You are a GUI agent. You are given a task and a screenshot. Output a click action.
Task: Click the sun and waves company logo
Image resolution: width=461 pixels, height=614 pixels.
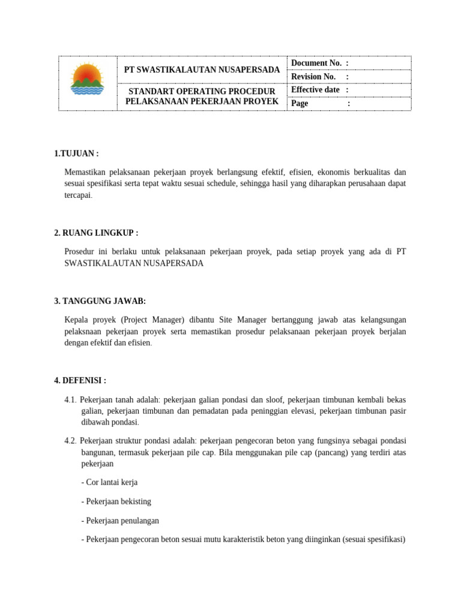(x=87, y=80)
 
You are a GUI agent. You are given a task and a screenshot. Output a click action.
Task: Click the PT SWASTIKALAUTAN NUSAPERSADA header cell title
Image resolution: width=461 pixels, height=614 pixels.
(x=202, y=70)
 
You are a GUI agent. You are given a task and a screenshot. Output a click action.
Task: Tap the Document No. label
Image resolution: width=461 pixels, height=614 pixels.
(x=316, y=64)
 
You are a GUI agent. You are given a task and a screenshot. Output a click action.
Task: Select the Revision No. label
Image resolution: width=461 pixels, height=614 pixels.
(x=313, y=77)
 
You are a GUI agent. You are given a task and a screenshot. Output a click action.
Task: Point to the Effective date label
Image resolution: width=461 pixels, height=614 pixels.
(x=315, y=90)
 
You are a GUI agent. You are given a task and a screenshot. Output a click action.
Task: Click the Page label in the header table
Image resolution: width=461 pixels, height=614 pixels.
(x=300, y=103)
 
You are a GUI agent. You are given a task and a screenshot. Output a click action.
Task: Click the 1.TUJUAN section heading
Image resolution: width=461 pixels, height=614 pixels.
(x=76, y=153)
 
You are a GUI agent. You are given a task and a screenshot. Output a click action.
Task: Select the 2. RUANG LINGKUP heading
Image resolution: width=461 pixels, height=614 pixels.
(x=96, y=233)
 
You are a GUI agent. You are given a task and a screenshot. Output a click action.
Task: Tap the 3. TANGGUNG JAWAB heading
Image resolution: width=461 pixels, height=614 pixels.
(x=100, y=301)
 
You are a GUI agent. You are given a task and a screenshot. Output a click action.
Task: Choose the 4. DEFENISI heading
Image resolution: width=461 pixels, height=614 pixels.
(x=80, y=380)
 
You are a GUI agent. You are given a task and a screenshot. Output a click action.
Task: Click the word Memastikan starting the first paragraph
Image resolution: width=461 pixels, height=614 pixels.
(x=84, y=173)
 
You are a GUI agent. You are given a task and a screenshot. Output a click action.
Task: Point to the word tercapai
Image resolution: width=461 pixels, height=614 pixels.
(x=78, y=195)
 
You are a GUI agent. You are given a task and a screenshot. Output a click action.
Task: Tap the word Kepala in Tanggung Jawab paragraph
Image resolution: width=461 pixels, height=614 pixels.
(x=76, y=320)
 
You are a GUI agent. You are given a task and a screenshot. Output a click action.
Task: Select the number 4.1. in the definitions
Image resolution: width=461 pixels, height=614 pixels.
(x=70, y=399)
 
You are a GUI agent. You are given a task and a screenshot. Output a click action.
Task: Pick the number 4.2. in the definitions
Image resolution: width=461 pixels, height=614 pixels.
(x=70, y=441)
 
